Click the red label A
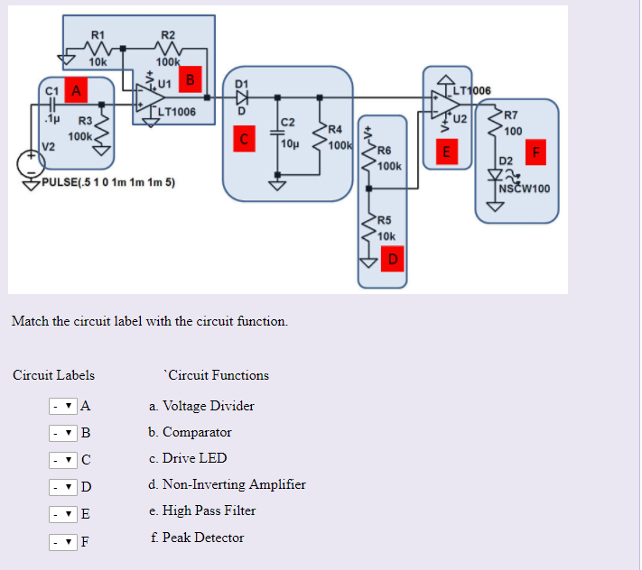click(76, 90)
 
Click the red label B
click(191, 78)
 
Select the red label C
click(244, 139)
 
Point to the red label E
click(443, 152)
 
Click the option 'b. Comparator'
click(191, 432)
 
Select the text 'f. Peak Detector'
click(197, 538)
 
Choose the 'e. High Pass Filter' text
click(202, 510)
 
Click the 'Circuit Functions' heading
click(217, 375)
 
